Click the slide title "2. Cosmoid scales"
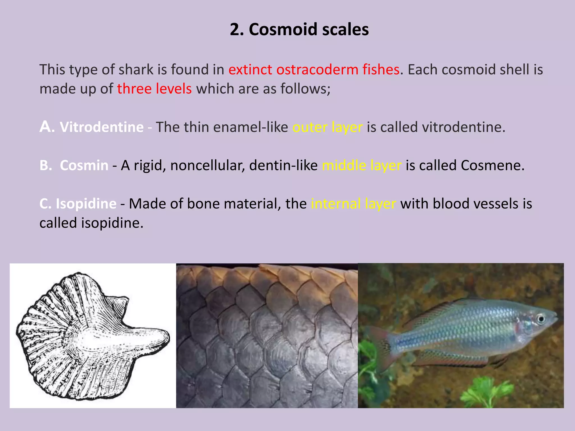(299, 29)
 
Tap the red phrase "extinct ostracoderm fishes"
(314, 70)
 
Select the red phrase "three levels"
(154, 89)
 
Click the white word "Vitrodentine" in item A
(102, 127)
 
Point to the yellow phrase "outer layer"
(327, 127)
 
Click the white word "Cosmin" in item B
(84, 165)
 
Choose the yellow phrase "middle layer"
(362, 166)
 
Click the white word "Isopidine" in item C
(86, 204)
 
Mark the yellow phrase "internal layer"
(353, 204)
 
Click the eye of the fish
(540, 319)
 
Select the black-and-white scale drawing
(93, 335)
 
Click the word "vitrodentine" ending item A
(463, 127)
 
